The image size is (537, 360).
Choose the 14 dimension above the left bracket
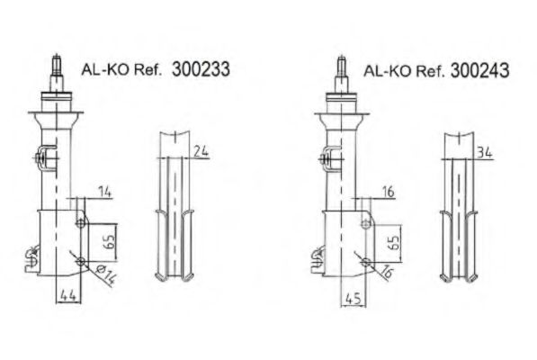click(104, 191)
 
